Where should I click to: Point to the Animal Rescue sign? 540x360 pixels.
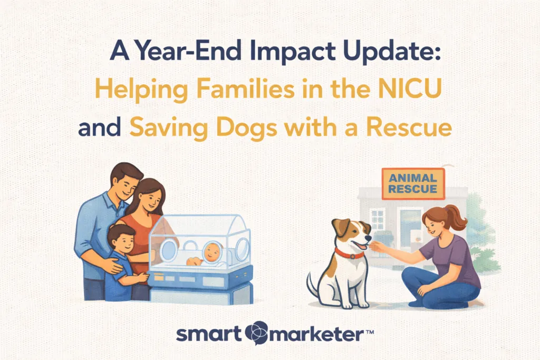click(413, 184)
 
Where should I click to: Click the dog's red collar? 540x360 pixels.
click(349, 254)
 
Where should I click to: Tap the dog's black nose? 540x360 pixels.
click(369, 238)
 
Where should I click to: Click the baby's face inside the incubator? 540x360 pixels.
click(211, 251)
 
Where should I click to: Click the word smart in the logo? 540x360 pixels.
click(209, 334)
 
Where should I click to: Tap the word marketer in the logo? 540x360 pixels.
click(316, 334)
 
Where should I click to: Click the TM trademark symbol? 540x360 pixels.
click(369, 332)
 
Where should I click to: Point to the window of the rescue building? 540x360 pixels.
click(378, 219)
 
